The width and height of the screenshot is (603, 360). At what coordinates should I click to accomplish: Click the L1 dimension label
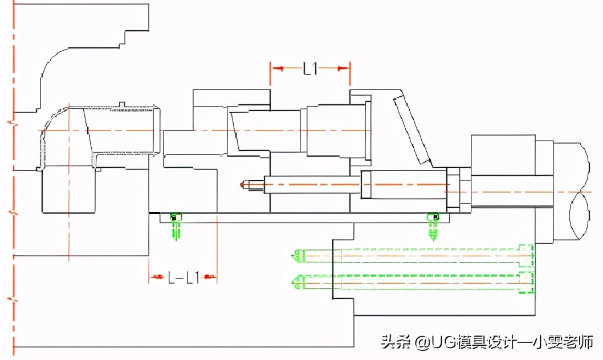tap(311, 69)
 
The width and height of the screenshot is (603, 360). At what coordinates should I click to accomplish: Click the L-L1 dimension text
tap(184, 278)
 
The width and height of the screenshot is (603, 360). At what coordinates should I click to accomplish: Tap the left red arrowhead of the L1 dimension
tap(278, 68)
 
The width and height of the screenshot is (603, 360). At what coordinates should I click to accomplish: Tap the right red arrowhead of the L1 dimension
tap(343, 68)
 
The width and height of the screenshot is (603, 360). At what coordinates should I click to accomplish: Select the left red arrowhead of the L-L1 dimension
tap(156, 278)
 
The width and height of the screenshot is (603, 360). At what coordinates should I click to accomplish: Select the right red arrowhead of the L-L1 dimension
tap(210, 278)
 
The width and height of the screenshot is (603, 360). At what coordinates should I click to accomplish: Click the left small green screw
tap(176, 224)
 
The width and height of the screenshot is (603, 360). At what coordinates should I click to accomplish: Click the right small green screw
tap(434, 224)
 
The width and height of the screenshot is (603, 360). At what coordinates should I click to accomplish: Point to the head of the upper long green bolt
tap(527, 256)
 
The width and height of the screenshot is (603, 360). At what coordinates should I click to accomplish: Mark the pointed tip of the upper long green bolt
tap(295, 256)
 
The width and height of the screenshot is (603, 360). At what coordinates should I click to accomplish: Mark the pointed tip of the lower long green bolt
tap(295, 281)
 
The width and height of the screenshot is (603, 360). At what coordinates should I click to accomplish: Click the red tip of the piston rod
tap(245, 185)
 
